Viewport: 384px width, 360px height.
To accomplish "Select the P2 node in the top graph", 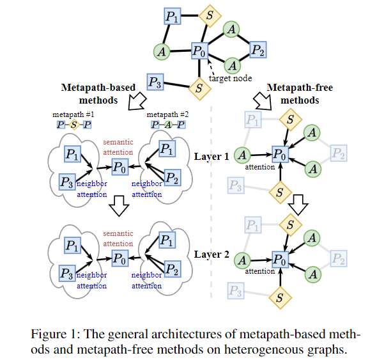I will [x=257, y=49].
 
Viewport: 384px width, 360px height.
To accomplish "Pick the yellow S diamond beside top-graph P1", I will [x=208, y=15].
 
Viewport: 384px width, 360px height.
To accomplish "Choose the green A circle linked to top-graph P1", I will [x=162, y=51].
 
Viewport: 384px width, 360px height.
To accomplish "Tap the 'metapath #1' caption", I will [x=72, y=113].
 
